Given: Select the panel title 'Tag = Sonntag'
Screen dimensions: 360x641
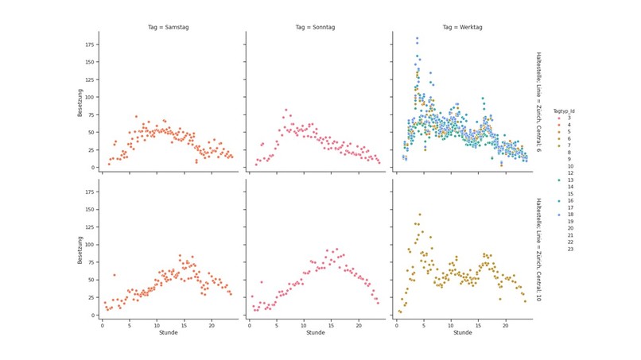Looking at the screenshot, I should point(313,26).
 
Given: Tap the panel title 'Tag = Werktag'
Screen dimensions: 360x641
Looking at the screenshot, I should point(460,26).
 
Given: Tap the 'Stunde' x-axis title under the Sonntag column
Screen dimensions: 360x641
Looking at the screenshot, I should point(313,333).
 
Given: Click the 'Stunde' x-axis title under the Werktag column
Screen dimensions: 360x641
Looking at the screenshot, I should point(461,333).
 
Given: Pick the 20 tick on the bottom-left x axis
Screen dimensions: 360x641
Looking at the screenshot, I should point(212,324).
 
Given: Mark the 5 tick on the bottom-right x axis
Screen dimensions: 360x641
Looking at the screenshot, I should point(424,324).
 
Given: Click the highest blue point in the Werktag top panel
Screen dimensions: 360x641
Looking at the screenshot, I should point(417,38).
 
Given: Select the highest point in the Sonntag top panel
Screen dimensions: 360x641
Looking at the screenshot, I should point(286,110).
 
